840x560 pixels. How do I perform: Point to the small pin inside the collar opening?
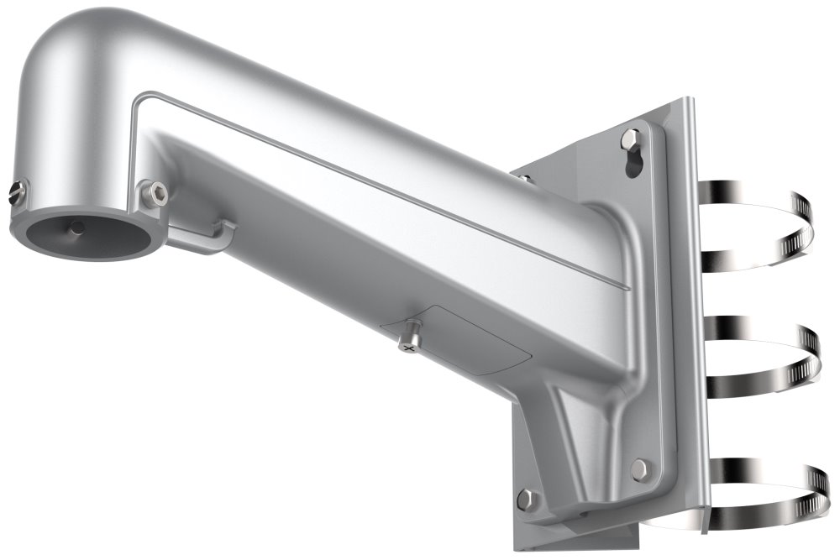[76, 227]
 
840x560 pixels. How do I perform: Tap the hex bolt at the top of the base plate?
[631, 138]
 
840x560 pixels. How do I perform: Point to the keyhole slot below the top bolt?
[633, 165]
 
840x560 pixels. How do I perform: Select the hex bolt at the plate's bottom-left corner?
[526, 500]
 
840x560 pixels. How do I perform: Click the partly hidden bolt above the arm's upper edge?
[523, 177]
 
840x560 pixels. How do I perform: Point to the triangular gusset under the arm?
[588, 437]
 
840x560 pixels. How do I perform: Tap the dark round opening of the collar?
[84, 235]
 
